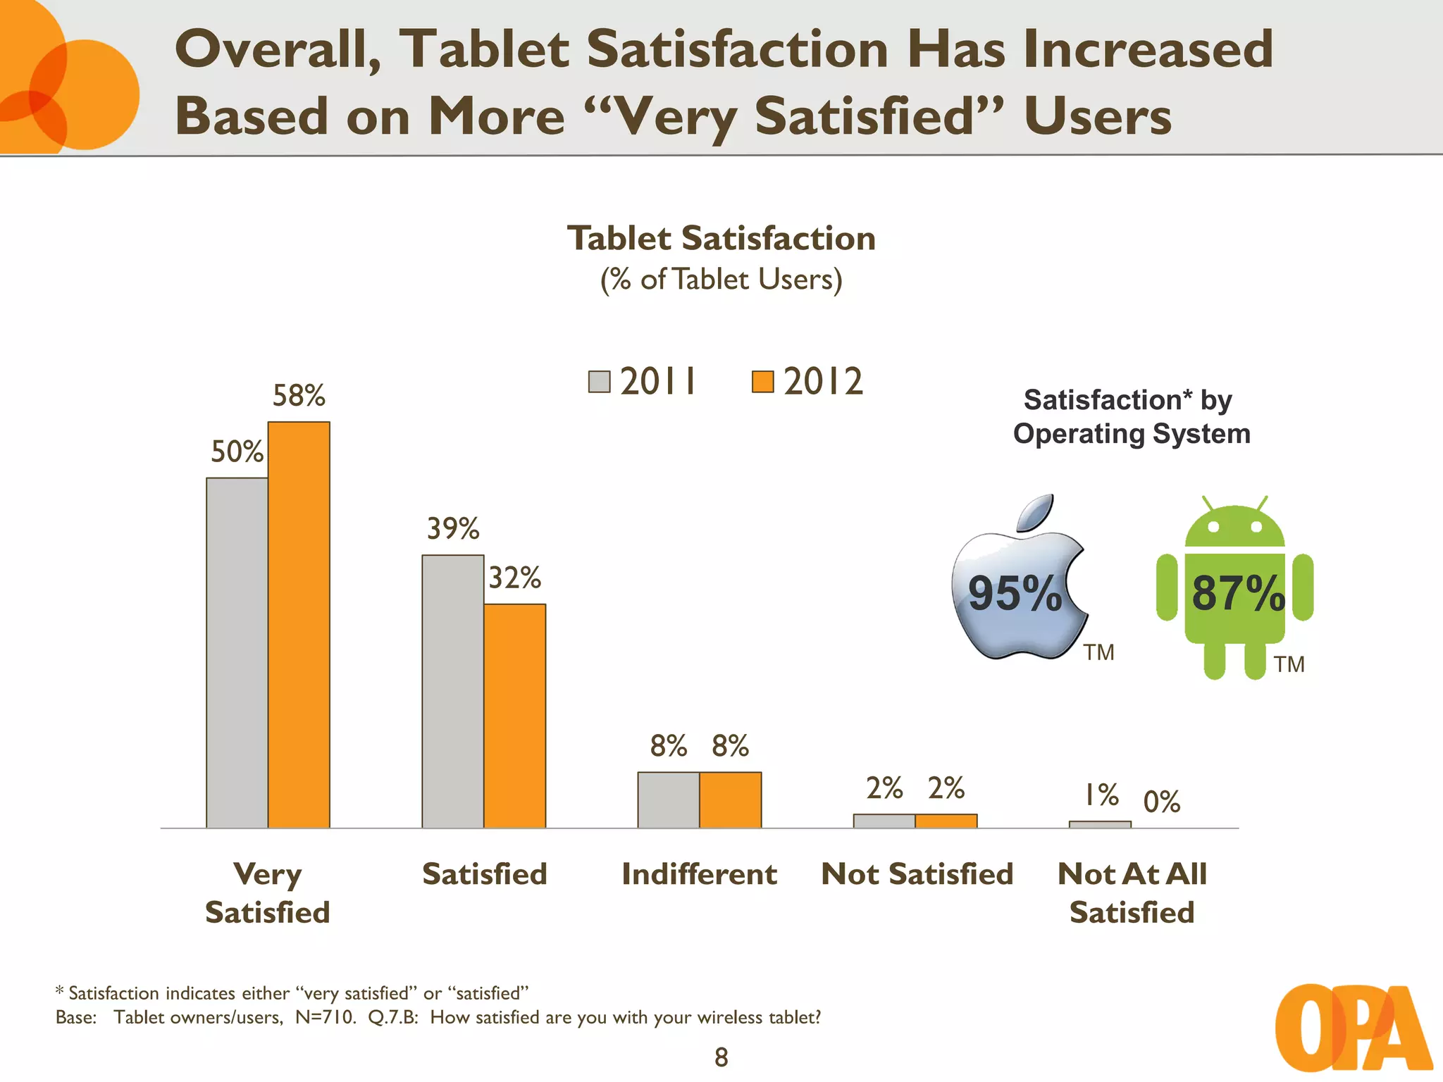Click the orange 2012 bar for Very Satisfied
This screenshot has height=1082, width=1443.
[299, 625]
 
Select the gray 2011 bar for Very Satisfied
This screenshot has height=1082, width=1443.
[237, 653]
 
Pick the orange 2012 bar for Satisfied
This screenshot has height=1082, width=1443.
[515, 716]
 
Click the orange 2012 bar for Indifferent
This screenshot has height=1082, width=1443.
[731, 800]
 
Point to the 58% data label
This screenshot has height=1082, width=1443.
[299, 396]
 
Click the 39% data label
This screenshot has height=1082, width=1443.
[453, 528]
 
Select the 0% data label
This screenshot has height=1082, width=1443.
[1162, 802]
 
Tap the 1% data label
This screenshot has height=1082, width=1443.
[1101, 795]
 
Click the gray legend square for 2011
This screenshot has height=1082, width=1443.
[599, 382]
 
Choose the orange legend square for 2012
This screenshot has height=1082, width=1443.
[762, 382]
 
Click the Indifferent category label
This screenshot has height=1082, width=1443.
[699, 874]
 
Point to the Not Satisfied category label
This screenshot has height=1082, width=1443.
[917, 874]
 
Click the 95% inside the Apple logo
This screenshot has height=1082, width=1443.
[1015, 593]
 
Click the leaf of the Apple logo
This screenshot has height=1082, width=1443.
[1036, 513]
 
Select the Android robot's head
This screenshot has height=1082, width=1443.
[1234, 528]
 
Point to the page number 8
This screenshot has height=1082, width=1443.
[721, 1057]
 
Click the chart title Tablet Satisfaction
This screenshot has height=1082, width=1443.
[721, 238]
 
